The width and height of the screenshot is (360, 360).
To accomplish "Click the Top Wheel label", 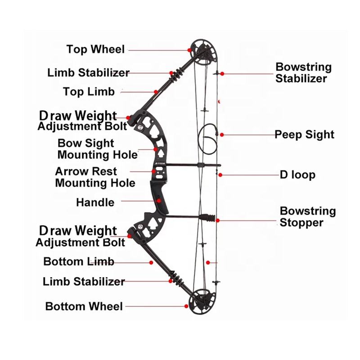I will [95, 49].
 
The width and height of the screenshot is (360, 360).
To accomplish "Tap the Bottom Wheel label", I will [84, 307].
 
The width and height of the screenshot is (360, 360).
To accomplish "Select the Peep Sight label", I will [305, 135].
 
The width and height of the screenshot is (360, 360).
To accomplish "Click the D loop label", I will [297, 175].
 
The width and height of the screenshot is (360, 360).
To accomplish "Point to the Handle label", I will [95, 202].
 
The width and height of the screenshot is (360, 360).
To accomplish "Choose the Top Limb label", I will [89, 92].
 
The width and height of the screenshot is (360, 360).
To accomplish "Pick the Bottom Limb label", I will [79, 261].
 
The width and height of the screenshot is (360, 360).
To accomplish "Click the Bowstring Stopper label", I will [308, 216].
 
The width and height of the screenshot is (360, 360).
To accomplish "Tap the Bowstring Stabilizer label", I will [303, 73].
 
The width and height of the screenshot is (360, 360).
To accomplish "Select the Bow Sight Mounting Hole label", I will [98, 149].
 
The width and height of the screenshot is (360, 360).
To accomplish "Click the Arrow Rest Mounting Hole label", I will [95, 177].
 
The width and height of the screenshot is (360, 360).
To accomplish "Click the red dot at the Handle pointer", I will [158, 200].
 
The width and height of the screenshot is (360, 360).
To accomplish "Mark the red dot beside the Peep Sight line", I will [222, 135].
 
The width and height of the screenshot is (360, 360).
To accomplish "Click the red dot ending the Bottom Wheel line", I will [186, 306].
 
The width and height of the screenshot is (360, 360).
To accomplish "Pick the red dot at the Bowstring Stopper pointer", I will [218, 220].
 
